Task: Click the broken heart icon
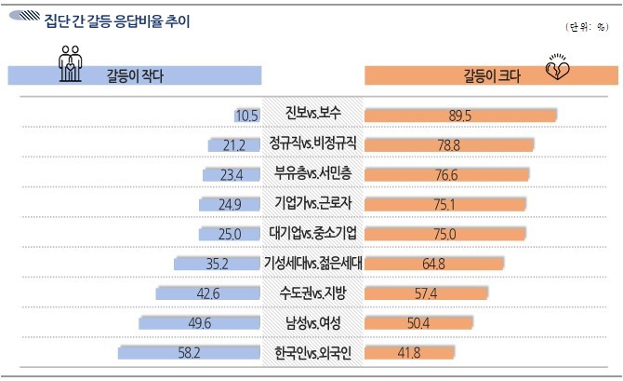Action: point(558,73)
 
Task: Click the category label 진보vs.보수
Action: point(313,115)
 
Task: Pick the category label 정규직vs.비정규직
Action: point(313,144)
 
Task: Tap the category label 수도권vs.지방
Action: point(313,293)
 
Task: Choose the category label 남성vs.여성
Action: point(313,322)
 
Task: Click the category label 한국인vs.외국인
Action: point(313,352)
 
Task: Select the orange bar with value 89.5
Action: point(460,115)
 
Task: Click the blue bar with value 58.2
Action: point(191,353)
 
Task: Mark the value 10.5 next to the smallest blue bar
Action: point(246,116)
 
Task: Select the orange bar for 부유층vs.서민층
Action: point(446,174)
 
